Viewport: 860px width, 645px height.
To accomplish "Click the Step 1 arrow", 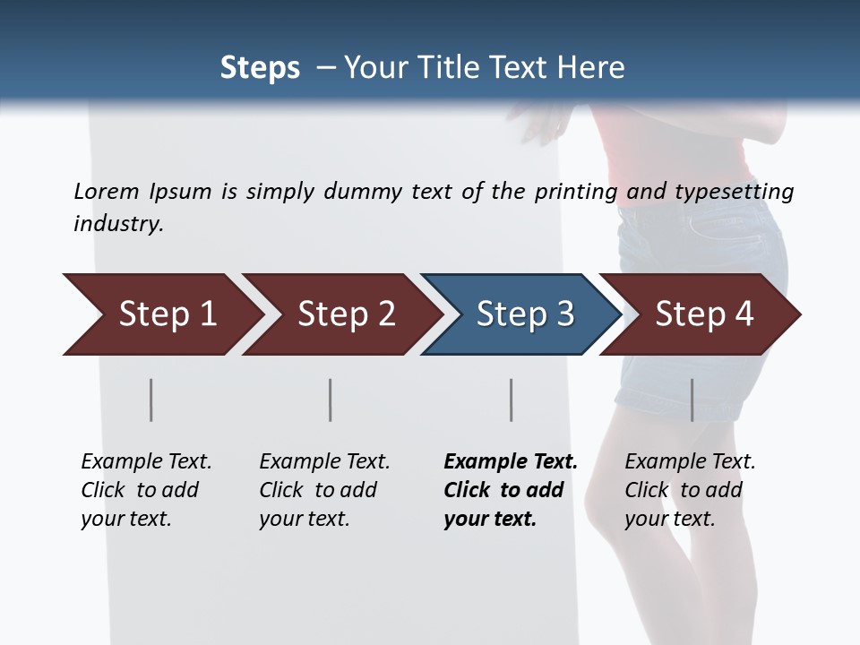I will tap(161, 314).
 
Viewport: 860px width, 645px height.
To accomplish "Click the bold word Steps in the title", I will tap(260, 68).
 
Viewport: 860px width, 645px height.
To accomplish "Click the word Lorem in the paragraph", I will tap(106, 191).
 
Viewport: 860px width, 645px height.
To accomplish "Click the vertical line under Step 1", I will tap(151, 400).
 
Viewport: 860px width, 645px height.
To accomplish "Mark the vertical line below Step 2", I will tap(331, 400).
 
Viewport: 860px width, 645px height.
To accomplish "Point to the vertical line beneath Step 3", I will tap(512, 400).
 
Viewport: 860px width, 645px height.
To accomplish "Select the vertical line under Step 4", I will tap(692, 400).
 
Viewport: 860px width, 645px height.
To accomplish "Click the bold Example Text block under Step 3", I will tap(511, 490).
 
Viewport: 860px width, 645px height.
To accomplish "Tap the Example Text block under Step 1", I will tap(146, 490).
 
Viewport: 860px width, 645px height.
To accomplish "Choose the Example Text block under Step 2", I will tap(324, 490).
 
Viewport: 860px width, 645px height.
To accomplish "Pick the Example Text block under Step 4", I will tap(690, 490).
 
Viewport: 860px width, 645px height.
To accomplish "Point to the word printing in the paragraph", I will tap(574, 192).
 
